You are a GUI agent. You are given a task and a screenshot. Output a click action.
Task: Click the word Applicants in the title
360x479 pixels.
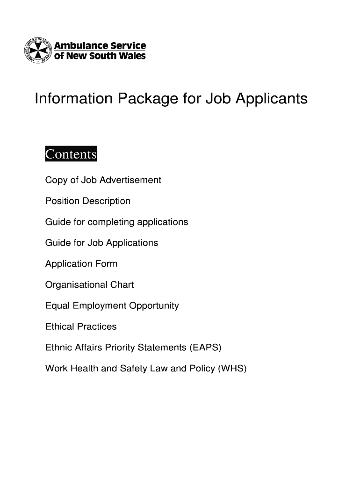tap(272, 99)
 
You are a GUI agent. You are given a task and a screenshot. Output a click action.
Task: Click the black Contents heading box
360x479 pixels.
tap(70, 154)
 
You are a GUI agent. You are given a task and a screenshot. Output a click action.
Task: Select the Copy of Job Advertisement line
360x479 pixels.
tap(103, 180)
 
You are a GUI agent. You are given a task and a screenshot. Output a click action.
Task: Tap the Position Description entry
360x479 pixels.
tap(87, 201)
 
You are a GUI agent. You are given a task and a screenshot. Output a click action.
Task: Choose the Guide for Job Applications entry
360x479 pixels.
tap(101, 243)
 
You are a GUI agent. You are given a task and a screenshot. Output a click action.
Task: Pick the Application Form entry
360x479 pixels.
tap(81, 264)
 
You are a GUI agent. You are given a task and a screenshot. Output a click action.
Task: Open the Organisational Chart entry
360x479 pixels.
tap(89, 285)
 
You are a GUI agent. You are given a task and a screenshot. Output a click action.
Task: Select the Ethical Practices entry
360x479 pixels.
tap(80, 327)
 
